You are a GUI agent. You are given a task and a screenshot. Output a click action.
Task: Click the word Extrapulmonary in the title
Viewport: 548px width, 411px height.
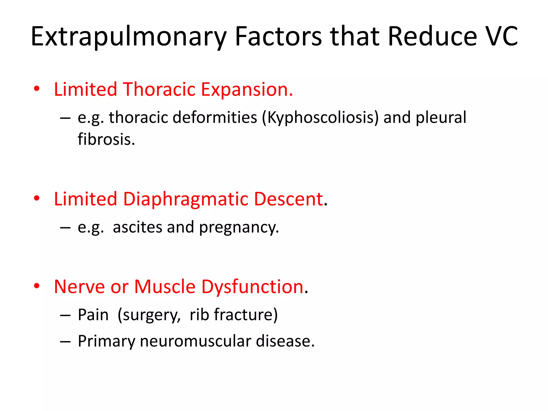pos(129,37)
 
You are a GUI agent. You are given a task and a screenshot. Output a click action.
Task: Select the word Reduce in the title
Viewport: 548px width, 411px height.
pos(432,37)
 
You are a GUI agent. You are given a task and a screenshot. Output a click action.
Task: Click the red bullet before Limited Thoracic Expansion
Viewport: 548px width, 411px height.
pos(37,89)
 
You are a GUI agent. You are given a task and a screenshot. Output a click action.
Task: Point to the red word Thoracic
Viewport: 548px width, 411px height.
pos(159,89)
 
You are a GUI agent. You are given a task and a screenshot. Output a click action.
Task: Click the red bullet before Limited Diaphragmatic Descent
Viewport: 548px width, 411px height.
pos(37,199)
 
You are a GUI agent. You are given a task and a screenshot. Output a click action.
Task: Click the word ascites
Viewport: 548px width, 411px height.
pos(138,227)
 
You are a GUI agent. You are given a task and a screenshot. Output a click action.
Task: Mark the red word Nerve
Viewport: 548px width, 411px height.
pos(79,287)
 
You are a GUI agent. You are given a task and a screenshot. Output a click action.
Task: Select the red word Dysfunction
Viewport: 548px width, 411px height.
pos(253,287)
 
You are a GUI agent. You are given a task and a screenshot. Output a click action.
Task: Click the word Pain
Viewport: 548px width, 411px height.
pos(93,315)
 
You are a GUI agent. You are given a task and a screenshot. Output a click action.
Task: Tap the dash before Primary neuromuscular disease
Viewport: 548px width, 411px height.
pos(65,342)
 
